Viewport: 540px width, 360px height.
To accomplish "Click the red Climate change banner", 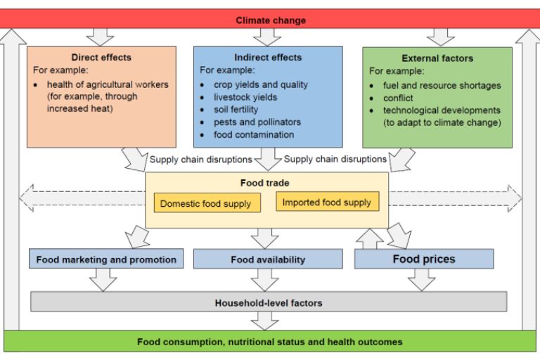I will pyautogui.click(x=270, y=19).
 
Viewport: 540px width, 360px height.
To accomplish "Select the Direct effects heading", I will pyautogui.click(x=101, y=58).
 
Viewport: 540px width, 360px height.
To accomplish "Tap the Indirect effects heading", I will pyautogui.click(x=268, y=58).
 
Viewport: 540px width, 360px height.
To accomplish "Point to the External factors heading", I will pyautogui.click(x=437, y=58).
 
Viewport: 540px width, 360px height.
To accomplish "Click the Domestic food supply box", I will pyautogui.click(x=205, y=204).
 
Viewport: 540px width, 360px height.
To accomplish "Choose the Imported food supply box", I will pyautogui.click(x=327, y=202).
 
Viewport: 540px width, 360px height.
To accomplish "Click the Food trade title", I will pyautogui.click(x=264, y=183).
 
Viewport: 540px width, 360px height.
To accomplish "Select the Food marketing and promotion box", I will pyautogui.click(x=106, y=259).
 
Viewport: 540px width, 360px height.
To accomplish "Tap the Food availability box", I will pyautogui.click(x=268, y=259).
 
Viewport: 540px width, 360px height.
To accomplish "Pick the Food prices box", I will pyautogui.click(x=423, y=259).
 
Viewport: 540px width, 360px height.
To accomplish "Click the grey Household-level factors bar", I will pyautogui.click(x=268, y=302).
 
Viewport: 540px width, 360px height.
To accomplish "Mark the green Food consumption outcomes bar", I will pyautogui.click(x=269, y=342).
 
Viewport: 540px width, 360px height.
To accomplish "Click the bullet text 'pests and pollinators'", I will pyautogui.click(x=257, y=122).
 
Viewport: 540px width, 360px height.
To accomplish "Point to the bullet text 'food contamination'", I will pyautogui.click(x=254, y=135).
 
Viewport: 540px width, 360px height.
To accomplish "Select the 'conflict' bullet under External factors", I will pyautogui.click(x=398, y=98).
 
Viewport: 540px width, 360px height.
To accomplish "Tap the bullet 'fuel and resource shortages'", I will pyautogui.click(x=442, y=85).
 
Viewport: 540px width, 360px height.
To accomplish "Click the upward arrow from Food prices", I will pyautogui.click(x=370, y=239).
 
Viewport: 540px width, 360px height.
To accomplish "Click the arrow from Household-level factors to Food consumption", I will pyautogui.click(x=265, y=321).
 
